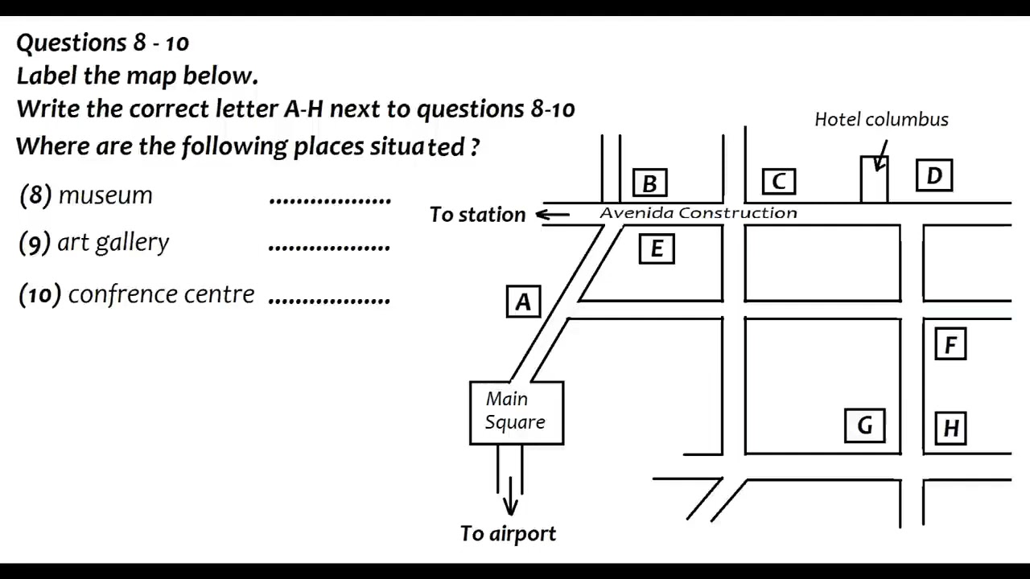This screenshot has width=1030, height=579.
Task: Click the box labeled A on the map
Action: [x=523, y=302]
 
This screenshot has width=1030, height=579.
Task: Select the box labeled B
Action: [x=649, y=183]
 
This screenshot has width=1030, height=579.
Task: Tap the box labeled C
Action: [x=778, y=182]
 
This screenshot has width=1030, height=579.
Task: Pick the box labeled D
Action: [x=934, y=176]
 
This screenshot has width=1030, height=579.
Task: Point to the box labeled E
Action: [x=657, y=249]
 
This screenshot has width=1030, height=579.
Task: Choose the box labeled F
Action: [x=950, y=345]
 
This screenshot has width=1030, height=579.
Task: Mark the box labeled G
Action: [x=864, y=425]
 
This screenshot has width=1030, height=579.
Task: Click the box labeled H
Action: [x=950, y=428]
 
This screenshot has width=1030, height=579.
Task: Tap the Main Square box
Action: [x=516, y=413]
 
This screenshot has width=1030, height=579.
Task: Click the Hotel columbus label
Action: [x=881, y=120]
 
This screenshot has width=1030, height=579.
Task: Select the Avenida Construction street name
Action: [x=698, y=213]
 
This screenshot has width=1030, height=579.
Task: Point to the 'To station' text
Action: [x=477, y=215]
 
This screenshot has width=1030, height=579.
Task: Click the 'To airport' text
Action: [x=508, y=533]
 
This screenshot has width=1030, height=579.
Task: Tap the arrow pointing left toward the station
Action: [x=553, y=214]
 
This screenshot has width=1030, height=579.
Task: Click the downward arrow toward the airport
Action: [x=510, y=503]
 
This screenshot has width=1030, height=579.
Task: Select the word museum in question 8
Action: [x=105, y=195]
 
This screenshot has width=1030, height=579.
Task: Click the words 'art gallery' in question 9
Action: [x=113, y=243]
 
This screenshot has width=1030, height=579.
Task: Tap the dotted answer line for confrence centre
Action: [x=329, y=299]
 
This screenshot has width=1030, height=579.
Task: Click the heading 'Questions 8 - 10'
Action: [x=103, y=43]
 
